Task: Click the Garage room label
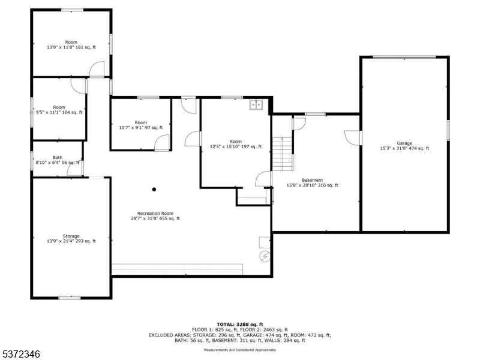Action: pos(404,143)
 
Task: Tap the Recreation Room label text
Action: pos(155,214)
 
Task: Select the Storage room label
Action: pos(71,236)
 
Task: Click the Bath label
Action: pos(57,157)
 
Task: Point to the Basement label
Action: pos(312,181)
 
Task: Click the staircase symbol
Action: pos(283,154)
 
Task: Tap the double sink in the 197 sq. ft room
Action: pos(256,104)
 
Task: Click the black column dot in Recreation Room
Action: pos(154,190)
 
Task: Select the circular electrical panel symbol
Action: pos(265,256)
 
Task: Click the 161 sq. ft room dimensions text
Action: pos(71,47)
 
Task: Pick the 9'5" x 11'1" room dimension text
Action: pos(59,112)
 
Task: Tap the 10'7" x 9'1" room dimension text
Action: pos(141,128)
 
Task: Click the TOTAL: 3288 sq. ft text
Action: pos(240,325)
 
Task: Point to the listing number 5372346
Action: pos(20,354)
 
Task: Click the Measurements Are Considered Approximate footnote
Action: pos(240,350)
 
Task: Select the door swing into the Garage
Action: pos(353,138)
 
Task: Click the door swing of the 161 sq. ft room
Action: pos(97,69)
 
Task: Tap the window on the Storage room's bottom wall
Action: pos(70,298)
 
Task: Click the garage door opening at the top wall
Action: pos(404,57)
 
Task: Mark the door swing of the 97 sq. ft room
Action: pos(162,143)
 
